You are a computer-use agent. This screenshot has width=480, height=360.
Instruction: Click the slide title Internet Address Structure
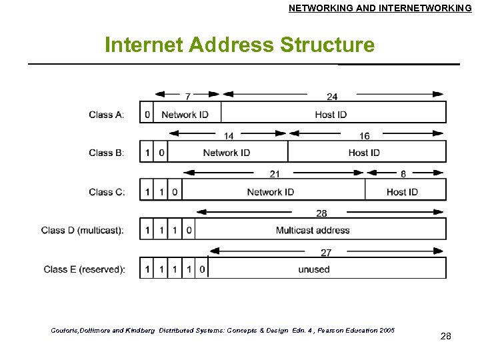coord(239,45)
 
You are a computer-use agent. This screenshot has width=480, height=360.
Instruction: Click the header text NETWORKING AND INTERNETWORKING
coord(380,8)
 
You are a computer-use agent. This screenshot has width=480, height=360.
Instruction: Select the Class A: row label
coord(107,115)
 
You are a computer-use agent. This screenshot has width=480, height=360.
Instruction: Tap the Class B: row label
coord(107,153)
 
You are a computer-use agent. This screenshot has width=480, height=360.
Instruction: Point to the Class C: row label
coord(107,192)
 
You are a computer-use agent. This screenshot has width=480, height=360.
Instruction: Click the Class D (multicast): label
coord(83,230)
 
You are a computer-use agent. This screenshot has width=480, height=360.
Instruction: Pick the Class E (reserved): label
coord(84,269)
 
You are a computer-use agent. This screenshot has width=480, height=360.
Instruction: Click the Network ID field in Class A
coord(185,115)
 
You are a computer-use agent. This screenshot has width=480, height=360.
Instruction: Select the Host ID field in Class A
coord(331,115)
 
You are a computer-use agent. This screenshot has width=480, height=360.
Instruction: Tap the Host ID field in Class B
coord(364,153)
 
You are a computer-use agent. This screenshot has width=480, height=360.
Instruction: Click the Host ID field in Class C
coord(402,192)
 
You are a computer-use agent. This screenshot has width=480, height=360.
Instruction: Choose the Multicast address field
coord(313,230)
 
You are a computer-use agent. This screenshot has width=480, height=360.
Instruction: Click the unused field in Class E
coord(314,269)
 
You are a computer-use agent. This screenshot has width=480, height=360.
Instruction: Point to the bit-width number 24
coord(332,97)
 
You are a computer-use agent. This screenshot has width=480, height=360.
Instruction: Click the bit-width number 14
coord(228,136)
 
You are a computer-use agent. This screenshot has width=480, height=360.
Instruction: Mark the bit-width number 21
coord(275,174)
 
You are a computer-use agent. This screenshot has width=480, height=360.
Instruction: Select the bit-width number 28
coord(321,213)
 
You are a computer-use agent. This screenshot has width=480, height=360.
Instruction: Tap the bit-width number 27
coord(326,253)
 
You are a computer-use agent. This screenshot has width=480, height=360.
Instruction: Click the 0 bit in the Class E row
coord(202,269)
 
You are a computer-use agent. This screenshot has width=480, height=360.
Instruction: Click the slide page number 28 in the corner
coord(446,337)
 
